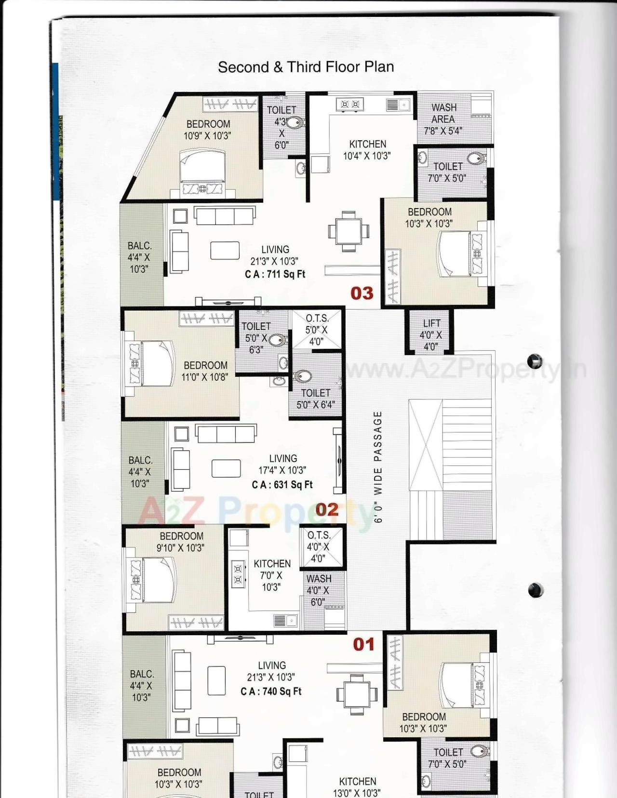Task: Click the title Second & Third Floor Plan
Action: (306, 67)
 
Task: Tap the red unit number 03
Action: (362, 293)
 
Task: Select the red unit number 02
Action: (327, 509)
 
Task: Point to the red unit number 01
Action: (363, 644)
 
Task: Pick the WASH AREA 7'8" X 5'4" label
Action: (443, 119)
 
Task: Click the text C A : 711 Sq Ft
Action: (275, 274)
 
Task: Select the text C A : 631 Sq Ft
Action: (282, 485)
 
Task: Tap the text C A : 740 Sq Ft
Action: (271, 692)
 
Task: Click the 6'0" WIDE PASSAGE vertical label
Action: (378, 466)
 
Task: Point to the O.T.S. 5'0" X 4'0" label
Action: (316, 330)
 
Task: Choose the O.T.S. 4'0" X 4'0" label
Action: (318, 547)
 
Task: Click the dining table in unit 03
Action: (349, 231)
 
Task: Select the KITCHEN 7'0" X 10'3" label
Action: (272, 575)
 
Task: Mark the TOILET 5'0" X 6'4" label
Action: (316, 399)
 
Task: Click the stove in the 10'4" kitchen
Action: (350, 104)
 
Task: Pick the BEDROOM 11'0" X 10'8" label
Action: (205, 371)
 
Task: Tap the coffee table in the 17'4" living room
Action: (226, 468)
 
